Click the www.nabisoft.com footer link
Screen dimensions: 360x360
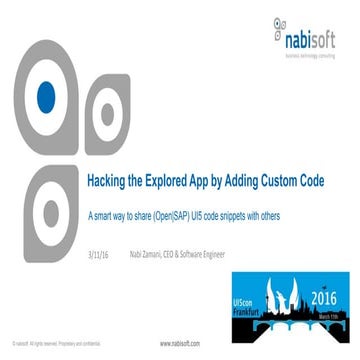(180, 343)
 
